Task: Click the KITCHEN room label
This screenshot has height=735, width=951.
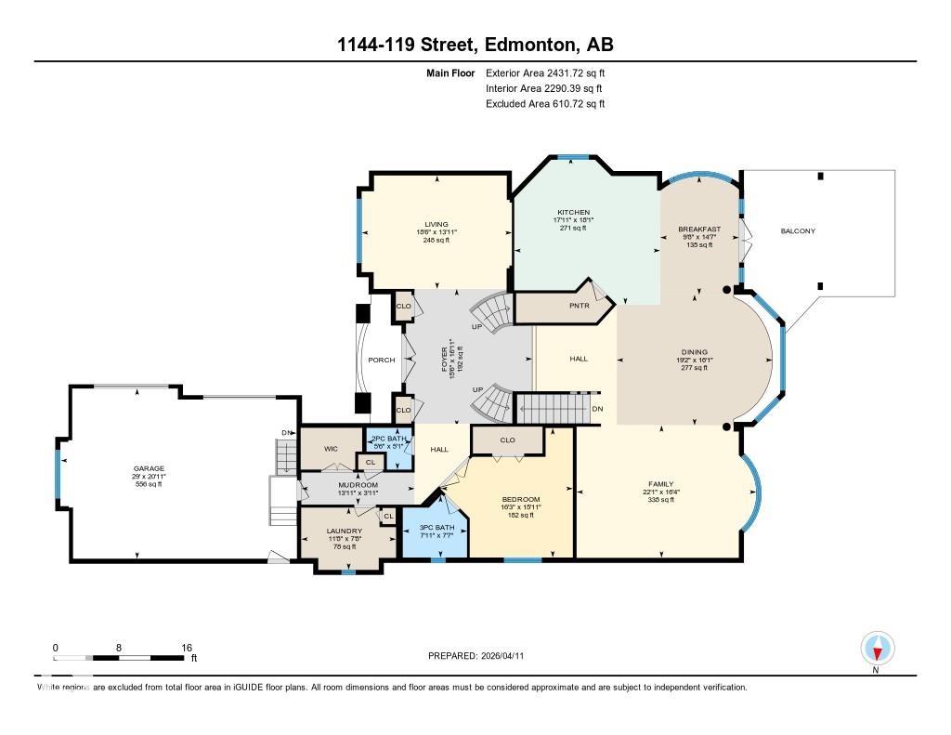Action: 573,212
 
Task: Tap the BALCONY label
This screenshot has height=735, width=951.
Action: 798,230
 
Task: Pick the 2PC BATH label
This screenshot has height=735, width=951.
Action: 384,439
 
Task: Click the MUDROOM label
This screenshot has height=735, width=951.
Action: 358,485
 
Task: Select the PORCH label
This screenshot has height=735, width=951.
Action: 382,360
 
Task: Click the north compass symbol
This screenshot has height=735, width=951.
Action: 877,648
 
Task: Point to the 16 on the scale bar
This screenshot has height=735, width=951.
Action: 187,648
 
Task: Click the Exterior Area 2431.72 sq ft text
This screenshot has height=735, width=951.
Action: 545,72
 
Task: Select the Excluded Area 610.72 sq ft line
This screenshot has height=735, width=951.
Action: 545,104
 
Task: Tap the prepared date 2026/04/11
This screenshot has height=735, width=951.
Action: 482,655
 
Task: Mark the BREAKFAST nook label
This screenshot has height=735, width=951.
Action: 699,229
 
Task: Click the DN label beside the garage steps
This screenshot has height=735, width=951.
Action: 287,433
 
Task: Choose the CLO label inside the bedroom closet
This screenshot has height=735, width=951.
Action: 507,440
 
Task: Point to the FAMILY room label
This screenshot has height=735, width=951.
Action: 660,483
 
